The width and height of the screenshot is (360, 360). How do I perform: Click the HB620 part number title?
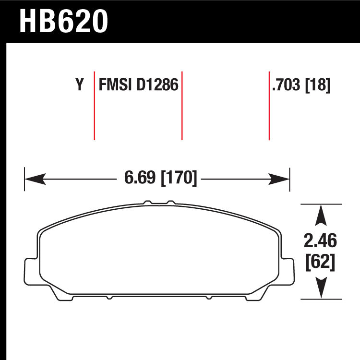pyautogui.click(x=63, y=22)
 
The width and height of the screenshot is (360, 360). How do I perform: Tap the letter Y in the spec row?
pyautogui.click(x=80, y=84)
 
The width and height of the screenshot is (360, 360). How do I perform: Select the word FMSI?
pyautogui.click(x=115, y=84)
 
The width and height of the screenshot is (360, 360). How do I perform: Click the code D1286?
pyautogui.click(x=157, y=84)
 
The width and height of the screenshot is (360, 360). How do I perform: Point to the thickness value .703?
pyautogui.click(x=286, y=84)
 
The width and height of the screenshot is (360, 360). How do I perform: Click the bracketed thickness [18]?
pyautogui.click(x=318, y=85)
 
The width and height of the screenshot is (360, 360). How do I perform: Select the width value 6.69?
pyautogui.click(x=140, y=178)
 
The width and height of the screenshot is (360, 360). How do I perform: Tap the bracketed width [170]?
pyautogui.click(x=179, y=178)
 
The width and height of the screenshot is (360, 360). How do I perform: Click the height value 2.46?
pyautogui.click(x=320, y=240)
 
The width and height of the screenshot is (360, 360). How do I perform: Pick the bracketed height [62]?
pyautogui.click(x=320, y=262)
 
